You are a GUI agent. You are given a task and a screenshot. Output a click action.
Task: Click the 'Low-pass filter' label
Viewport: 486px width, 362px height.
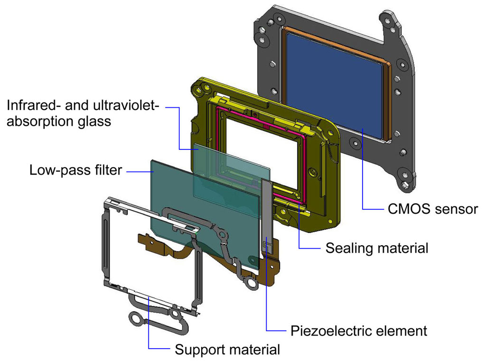click(75, 170)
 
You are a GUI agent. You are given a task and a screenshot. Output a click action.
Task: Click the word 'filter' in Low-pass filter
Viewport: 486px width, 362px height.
click(106, 170)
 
